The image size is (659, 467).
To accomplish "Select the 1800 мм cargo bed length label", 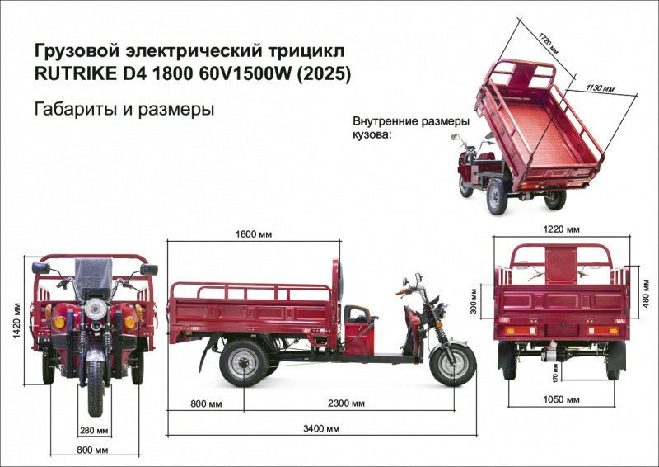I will (x=254, y=235).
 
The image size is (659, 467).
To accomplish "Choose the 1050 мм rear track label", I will (x=561, y=400).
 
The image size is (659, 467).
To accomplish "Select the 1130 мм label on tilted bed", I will (x=599, y=85).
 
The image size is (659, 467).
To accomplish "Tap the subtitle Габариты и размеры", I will (x=124, y=109).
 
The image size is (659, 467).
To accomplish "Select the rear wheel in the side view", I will (x=245, y=363).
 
